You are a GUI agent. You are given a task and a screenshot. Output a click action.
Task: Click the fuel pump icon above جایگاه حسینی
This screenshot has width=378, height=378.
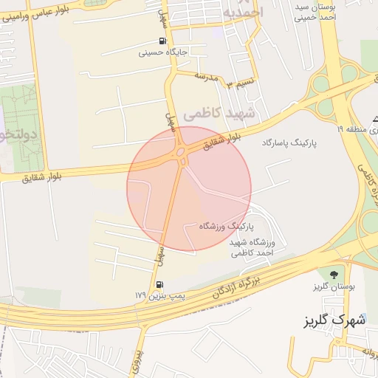coord(162,41)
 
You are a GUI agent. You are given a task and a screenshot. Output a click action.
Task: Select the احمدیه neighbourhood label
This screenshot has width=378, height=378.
coord(241,13)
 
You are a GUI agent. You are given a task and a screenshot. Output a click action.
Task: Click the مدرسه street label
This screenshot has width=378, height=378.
coord(209,77)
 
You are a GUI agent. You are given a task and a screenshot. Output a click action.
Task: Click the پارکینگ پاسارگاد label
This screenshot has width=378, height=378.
coord(289,140)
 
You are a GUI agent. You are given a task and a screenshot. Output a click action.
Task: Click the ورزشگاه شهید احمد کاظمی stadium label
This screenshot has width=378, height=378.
coord(252,247)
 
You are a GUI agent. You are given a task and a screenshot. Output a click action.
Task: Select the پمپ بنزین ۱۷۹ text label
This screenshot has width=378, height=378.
coord(159,296)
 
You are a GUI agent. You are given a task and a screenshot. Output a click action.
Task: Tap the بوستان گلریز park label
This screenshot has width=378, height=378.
coord(334,286)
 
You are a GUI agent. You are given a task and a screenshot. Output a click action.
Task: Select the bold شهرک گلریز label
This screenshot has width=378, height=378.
coord(335,321)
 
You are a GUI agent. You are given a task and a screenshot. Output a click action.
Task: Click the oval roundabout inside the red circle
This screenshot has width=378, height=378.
coord(181,153)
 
